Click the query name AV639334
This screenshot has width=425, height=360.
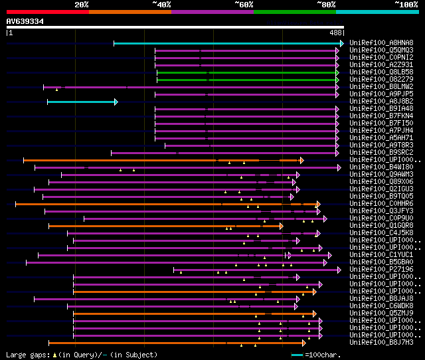pos(25,22)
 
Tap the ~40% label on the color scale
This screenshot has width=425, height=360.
pos(161,5)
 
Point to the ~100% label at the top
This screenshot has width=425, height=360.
pos(406,5)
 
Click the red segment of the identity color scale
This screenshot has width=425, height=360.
pos(47,12)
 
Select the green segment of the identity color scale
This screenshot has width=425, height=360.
pos(294,12)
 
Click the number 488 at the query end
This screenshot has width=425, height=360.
pos(335,33)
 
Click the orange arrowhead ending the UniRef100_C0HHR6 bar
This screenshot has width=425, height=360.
pos(319,204)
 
